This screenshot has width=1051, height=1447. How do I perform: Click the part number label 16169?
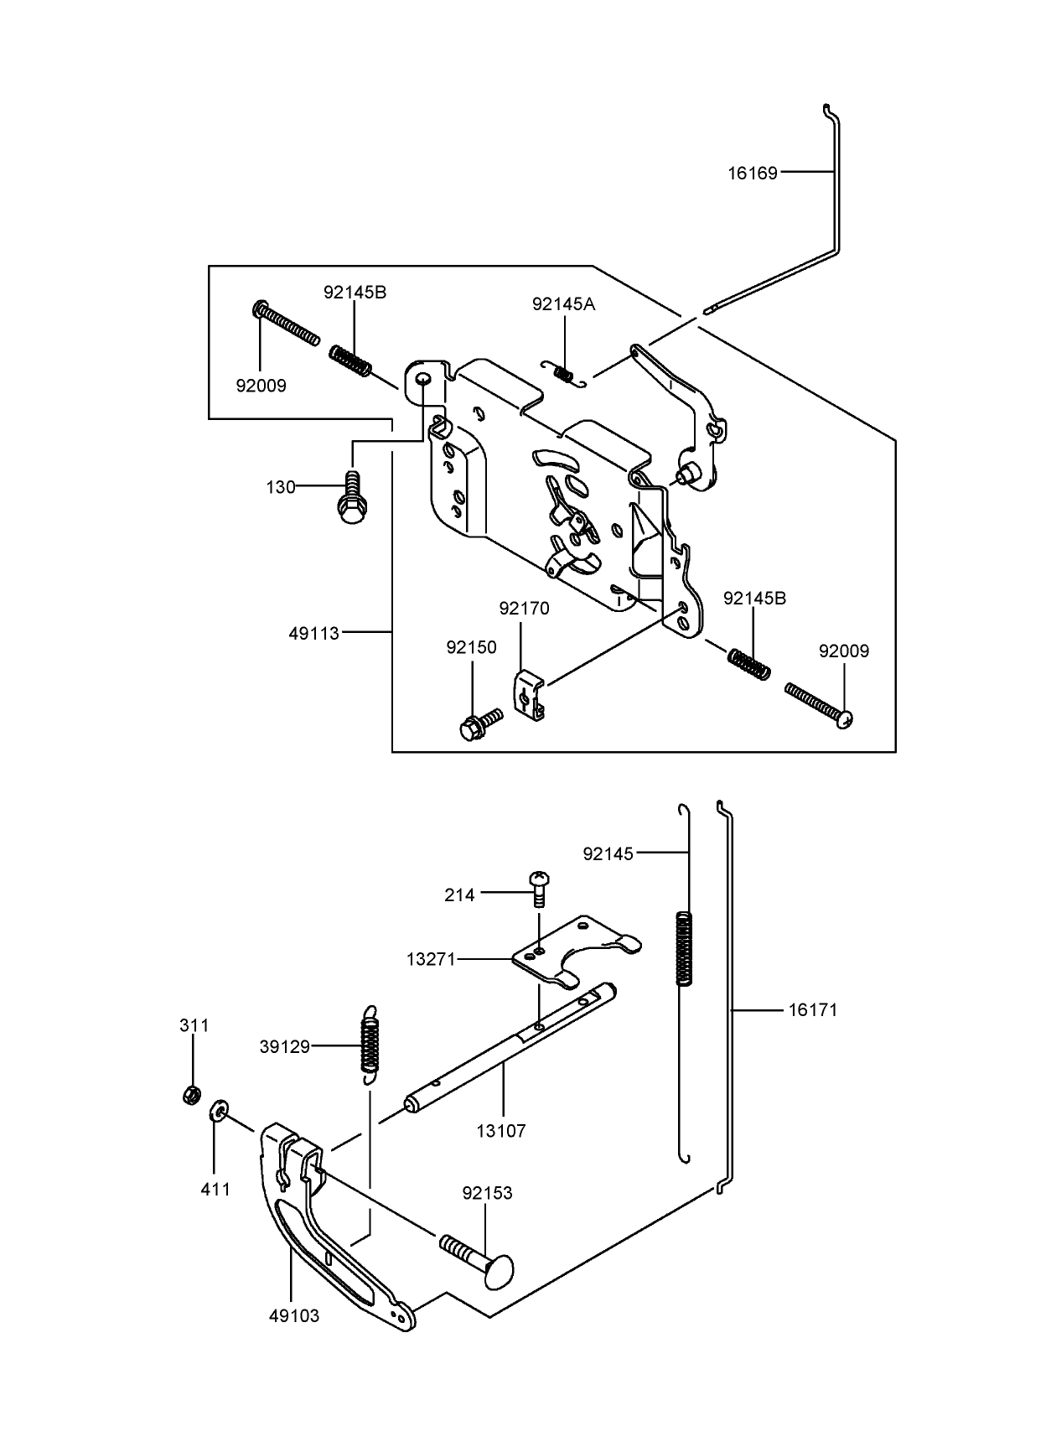pos(752,174)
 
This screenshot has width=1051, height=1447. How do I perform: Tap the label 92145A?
pos(563,304)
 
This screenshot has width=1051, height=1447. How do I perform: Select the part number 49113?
pos(313,634)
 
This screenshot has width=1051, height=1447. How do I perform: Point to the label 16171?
pos(812,1010)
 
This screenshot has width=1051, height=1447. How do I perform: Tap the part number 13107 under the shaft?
pos(500,1131)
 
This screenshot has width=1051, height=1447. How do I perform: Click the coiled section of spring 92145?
pos(684,947)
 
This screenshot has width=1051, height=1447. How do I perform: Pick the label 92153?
pos(487,1192)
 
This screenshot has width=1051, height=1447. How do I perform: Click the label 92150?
pos(471,648)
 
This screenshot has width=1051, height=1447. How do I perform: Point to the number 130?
pos(281,487)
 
